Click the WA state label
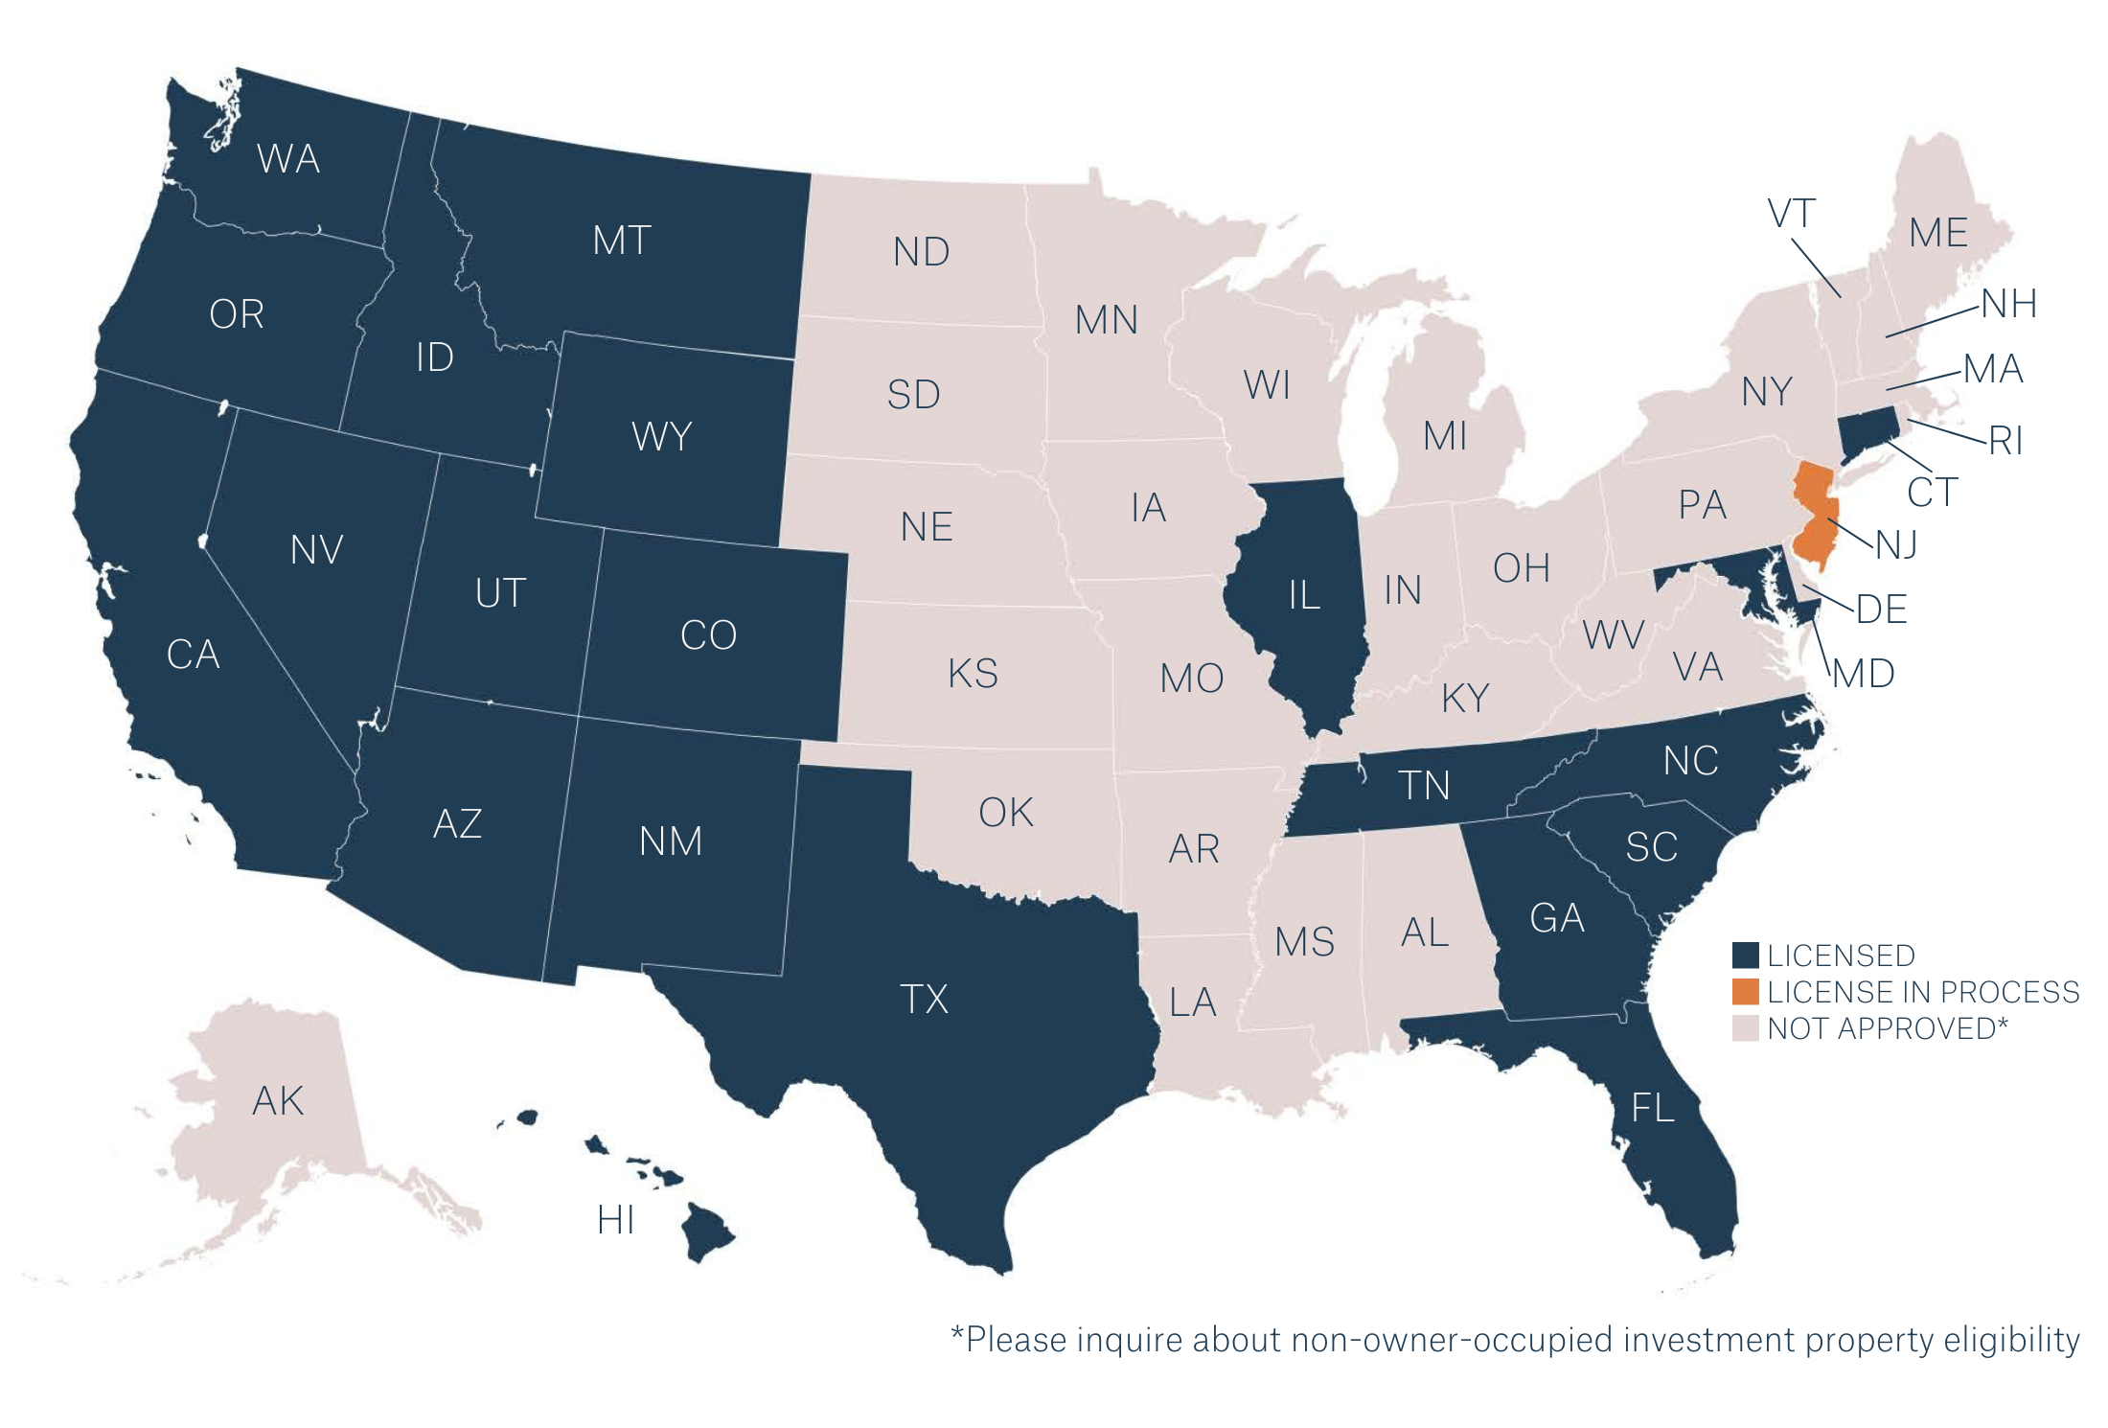coord(288,159)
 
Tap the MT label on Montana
coord(622,241)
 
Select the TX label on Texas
coord(925,1000)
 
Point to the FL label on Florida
coord(1653,1108)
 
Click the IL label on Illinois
coord(1304,595)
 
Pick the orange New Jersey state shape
coord(1814,522)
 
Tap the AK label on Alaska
coord(278,1101)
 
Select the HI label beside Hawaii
coord(615,1220)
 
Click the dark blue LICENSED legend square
coord(1745,956)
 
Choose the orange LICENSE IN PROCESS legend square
coord(1745,991)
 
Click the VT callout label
coord(1791,214)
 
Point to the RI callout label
coord(2005,441)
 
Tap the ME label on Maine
coord(1937,233)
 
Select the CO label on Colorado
coord(708,635)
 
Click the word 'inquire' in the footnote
coord(1130,1340)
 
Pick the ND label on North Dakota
coord(921,252)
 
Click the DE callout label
coord(1882,610)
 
